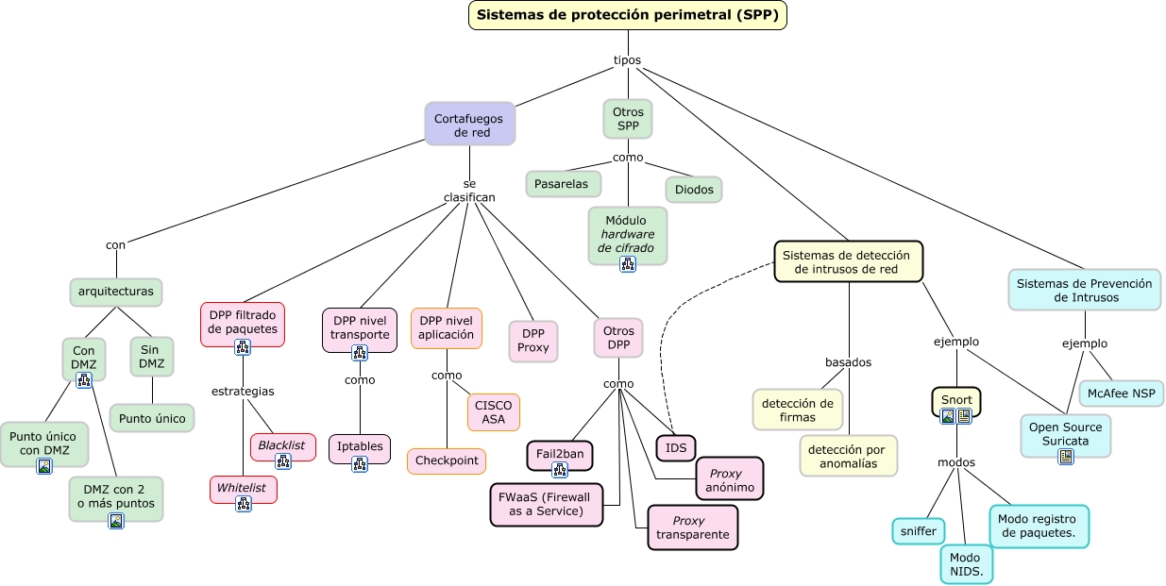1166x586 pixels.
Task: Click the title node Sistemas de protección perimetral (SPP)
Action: pyautogui.click(x=628, y=15)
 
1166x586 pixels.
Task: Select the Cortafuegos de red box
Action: pyautogui.click(x=470, y=125)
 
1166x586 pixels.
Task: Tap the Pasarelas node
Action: pyautogui.click(x=563, y=184)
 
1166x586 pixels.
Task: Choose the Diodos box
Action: pyautogui.click(x=694, y=190)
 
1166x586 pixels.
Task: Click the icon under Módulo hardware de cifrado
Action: pyautogui.click(x=628, y=264)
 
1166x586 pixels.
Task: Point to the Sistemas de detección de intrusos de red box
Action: pyautogui.click(x=848, y=261)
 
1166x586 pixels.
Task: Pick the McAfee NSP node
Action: pyautogui.click(x=1122, y=393)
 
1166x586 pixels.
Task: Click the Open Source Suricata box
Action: pyautogui.click(x=1066, y=433)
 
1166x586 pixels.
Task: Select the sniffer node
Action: pyautogui.click(x=918, y=531)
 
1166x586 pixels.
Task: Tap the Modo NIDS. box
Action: pyautogui.click(x=966, y=564)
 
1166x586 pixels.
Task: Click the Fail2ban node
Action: pyautogui.click(x=560, y=454)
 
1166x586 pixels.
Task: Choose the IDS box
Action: pyautogui.click(x=676, y=446)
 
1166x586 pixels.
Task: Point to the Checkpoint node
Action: pyautogui.click(x=447, y=460)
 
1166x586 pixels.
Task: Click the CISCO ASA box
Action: pyautogui.click(x=493, y=412)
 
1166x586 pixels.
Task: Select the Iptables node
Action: pyautogui.click(x=359, y=446)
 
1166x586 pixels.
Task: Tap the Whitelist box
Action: pyautogui.click(x=243, y=488)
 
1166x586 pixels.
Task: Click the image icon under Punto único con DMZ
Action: pyautogui.click(x=44, y=465)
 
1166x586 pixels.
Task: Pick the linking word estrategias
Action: pyautogui.click(x=243, y=391)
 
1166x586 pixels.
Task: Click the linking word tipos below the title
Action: pyautogui.click(x=627, y=60)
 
